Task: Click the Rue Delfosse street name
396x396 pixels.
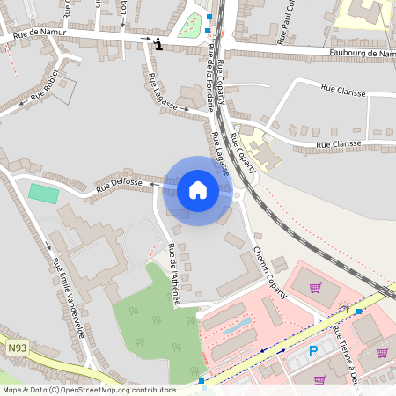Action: [120, 184]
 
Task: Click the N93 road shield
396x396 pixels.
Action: [18, 349]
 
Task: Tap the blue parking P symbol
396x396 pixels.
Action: [312, 351]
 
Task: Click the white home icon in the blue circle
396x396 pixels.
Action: [198, 190]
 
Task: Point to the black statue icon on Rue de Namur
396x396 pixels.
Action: [158, 45]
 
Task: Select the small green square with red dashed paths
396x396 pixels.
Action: [190, 26]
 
